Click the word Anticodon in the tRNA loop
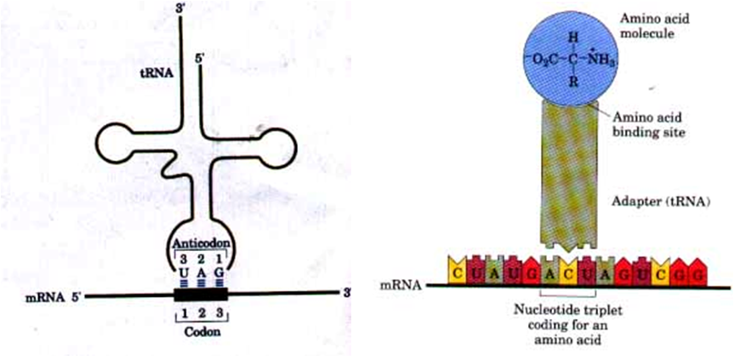201,243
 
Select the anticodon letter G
221,271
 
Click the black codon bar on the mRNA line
201,294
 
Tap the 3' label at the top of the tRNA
179,9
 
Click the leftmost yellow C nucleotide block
457,272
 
